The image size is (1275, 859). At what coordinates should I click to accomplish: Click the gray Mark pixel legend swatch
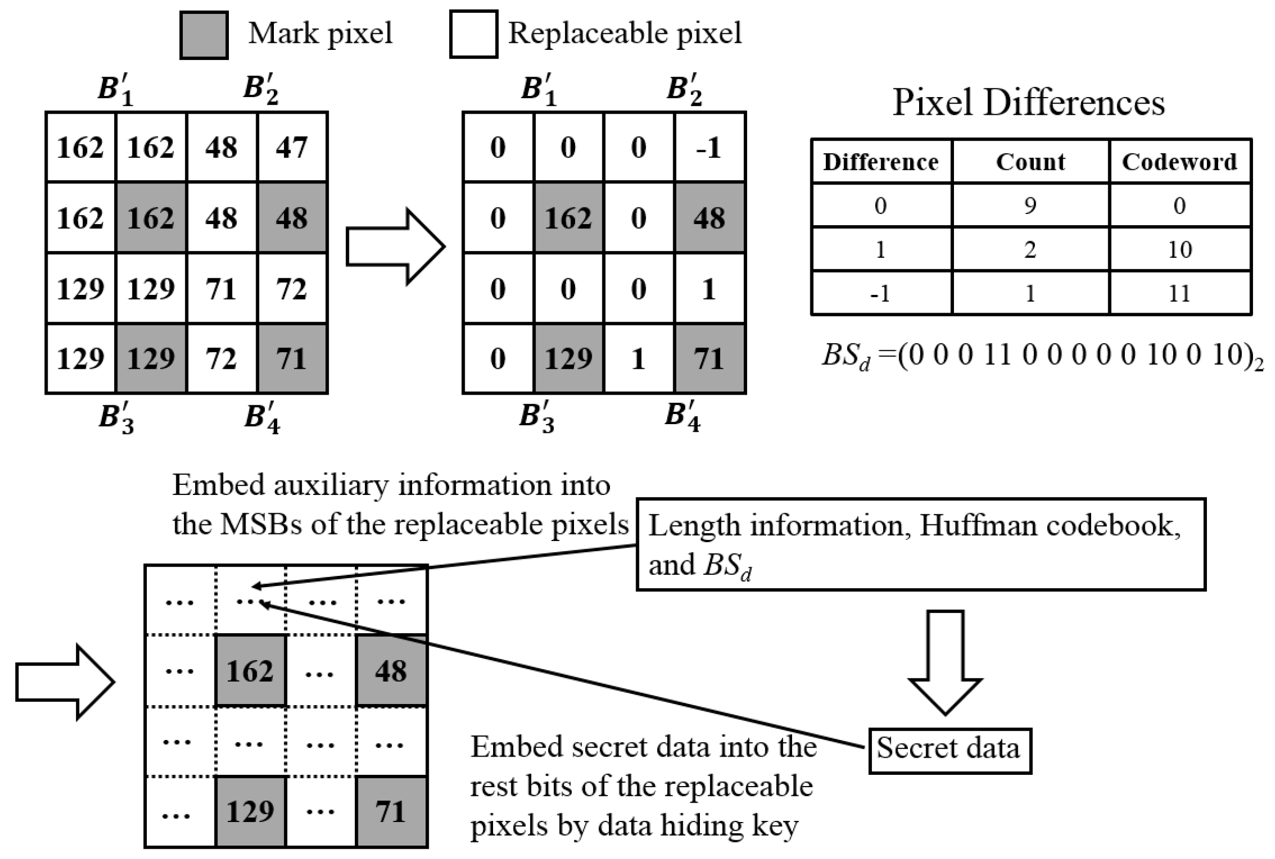pyautogui.click(x=204, y=35)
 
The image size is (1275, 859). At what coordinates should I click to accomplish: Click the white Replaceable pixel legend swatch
pyautogui.click(x=474, y=34)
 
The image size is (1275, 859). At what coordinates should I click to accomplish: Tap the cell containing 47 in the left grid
pyautogui.click(x=292, y=147)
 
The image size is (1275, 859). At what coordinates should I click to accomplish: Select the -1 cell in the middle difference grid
pyautogui.click(x=710, y=147)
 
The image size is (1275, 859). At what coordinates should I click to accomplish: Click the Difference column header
pyautogui.click(x=881, y=161)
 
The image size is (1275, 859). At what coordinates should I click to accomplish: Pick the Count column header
pyautogui.click(x=1030, y=161)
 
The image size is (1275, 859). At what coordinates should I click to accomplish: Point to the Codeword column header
pyautogui.click(x=1180, y=161)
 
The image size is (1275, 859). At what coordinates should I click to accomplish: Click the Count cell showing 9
pyautogui.click(x=1030, y=205)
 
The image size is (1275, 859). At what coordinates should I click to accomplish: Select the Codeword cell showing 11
pyautogui.click(x=1180, y=293)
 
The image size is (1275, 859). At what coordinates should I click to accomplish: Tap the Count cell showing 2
pyautogui.click(x=1030, y=249)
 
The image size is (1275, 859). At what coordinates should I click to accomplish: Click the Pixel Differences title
pyautogui.click(x=1028, y=102)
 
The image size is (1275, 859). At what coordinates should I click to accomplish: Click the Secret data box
pyautogui.click(x=949, y=750)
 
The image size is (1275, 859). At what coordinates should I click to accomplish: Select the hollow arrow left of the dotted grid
pyautogui.click(x=65, y=682)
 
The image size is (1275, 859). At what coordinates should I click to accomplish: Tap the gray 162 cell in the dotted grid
pyautogui.click(x=250, y=671)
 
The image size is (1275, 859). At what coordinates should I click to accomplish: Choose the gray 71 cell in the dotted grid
pyautogui.click(x=391, y=811)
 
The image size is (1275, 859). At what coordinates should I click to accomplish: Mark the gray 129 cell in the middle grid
pyautogui.click(x=568, y=359)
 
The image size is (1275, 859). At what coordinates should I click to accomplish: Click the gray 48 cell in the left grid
pyautogui.click(x=292, y=218)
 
